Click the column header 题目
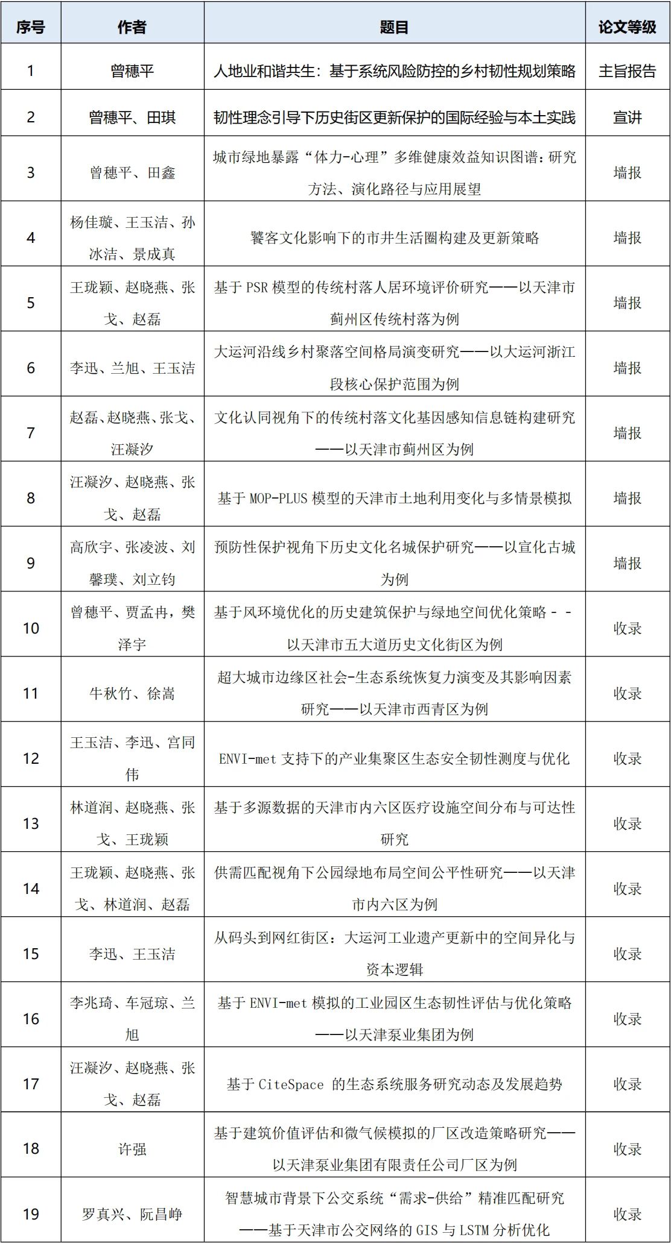click(394, 27)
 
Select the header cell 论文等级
click(627, 27)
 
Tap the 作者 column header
click(132, 27)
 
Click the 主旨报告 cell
click(627, 71)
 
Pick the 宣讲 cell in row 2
click(627, 117)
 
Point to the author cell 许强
click(132, 1149)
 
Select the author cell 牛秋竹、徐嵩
click(132, 693)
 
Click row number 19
click(31, 1213)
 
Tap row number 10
click(31, 628)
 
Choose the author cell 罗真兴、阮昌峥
click(132, 1213)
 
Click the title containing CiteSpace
click(394, 1084)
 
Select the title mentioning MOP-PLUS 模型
click(394, 498)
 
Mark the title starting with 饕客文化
click(394, 238)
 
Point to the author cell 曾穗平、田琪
click(132, 117)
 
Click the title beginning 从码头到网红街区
click(394, 953)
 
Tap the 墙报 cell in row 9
click(627, 563)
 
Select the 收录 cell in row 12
click(627, 758)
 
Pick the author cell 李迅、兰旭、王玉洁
click(132, 368)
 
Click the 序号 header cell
click(31, 27)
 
